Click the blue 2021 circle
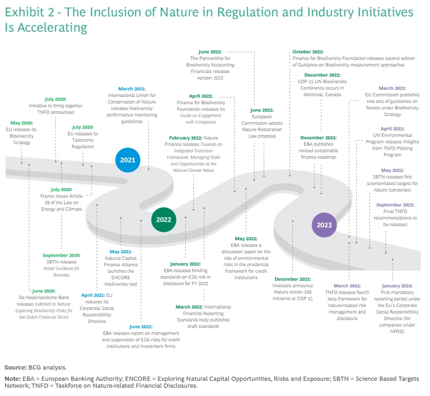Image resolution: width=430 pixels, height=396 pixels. click(128, 160)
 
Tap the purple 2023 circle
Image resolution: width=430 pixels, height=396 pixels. click(324, 225)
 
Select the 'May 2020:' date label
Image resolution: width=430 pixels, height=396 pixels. click(22, 123)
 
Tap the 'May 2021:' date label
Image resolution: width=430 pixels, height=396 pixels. click(121, 251)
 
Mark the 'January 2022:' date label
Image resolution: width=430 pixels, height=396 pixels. click(186, 263)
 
